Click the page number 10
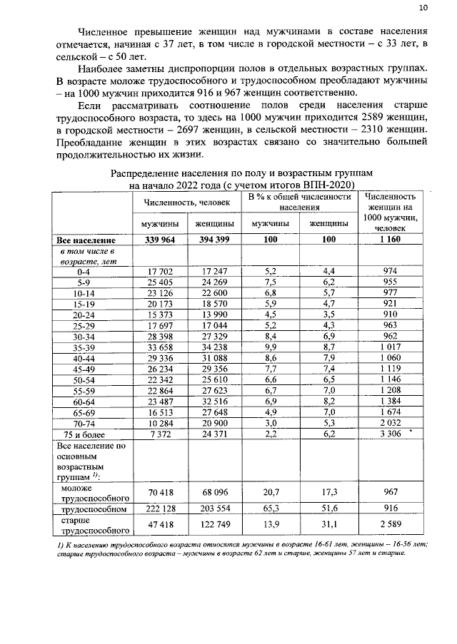(423, 8)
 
